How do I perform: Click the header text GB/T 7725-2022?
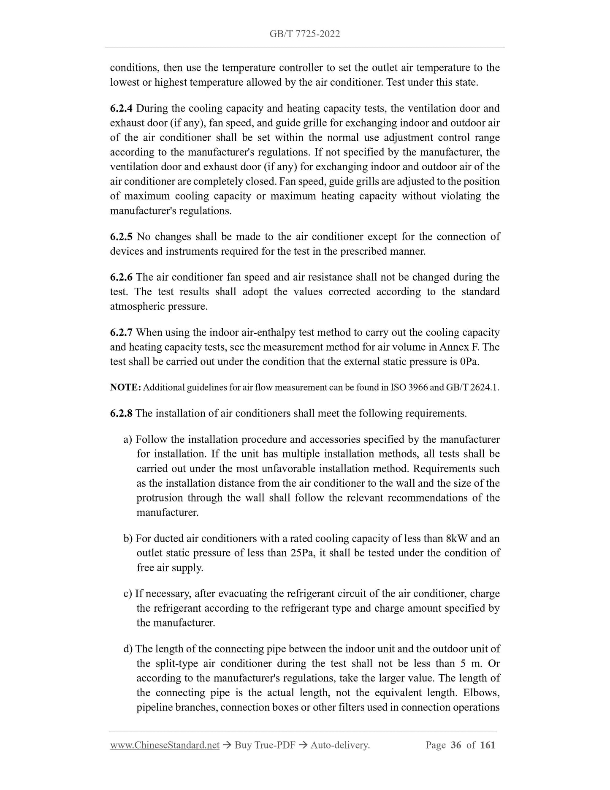304,34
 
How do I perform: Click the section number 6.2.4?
121,109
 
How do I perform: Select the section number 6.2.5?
121,237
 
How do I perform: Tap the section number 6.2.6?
121,277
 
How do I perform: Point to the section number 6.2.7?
121,332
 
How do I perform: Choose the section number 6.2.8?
121,413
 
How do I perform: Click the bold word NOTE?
125,388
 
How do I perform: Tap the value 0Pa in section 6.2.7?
469,362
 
